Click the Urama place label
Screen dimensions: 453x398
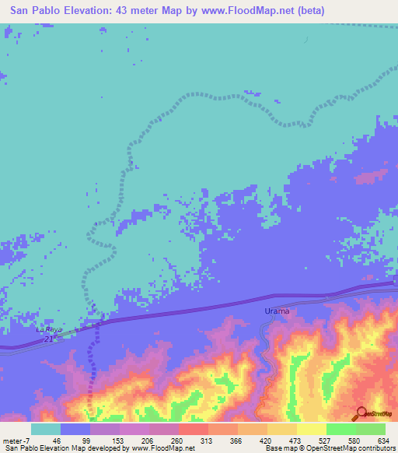point(276,311)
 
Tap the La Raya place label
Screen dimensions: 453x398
point(47,329)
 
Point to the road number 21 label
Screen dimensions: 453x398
point(48,339)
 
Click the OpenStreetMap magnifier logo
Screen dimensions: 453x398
point(361,414)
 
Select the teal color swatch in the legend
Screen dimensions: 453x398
point(45,429)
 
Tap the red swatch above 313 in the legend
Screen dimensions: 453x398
point(193,429)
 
